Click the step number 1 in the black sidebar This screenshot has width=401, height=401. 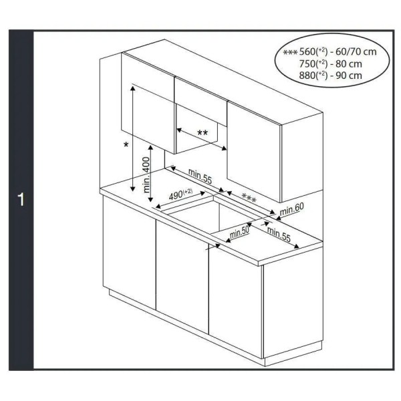(21, 200)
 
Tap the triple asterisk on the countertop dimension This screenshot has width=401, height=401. (249, 198)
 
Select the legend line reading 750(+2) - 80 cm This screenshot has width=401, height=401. (331, 63)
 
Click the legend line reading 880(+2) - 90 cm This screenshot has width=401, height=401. (331, 75)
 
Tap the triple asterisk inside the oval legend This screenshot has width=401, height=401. (290, 52)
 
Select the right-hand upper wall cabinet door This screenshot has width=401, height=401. (254, 150)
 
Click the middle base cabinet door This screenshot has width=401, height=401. (182, 274)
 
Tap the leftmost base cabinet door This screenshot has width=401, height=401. (129, 254)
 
